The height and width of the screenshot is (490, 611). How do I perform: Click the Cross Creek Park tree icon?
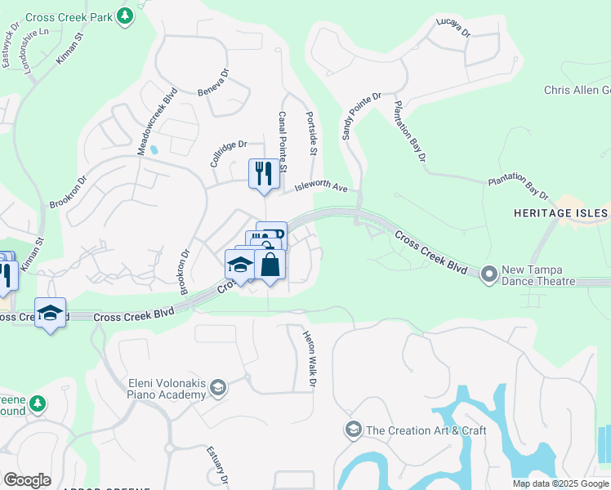(124, 16)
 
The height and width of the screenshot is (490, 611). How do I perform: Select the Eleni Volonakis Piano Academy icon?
(217, 387)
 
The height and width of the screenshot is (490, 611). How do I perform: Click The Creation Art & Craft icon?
(353, 430)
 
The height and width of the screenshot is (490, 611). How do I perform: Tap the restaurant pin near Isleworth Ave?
(263, 174)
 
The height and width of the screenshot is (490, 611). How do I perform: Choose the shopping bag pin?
(270, 265)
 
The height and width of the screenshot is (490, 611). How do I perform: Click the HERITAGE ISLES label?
(560, 213)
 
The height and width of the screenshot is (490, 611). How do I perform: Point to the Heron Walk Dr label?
(309, 358)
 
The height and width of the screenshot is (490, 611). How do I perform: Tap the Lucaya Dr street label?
(453, 27)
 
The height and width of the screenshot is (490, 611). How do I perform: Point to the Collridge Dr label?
(228, 151)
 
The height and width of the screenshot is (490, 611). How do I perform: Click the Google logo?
(27, 480)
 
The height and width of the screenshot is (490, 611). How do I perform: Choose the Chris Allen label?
(577, 90)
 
